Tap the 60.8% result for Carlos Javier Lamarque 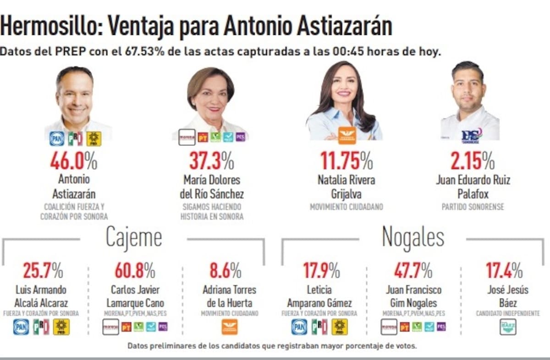coord(135,271)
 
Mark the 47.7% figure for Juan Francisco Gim coord(413,271)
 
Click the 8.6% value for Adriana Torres coord(225,271)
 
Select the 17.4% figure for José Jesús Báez coord(504,271)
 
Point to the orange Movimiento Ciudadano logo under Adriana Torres coord(230,327)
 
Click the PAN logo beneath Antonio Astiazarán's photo coord(57,138)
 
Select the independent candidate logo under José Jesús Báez coord(507,327)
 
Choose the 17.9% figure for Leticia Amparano coord(321,271)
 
